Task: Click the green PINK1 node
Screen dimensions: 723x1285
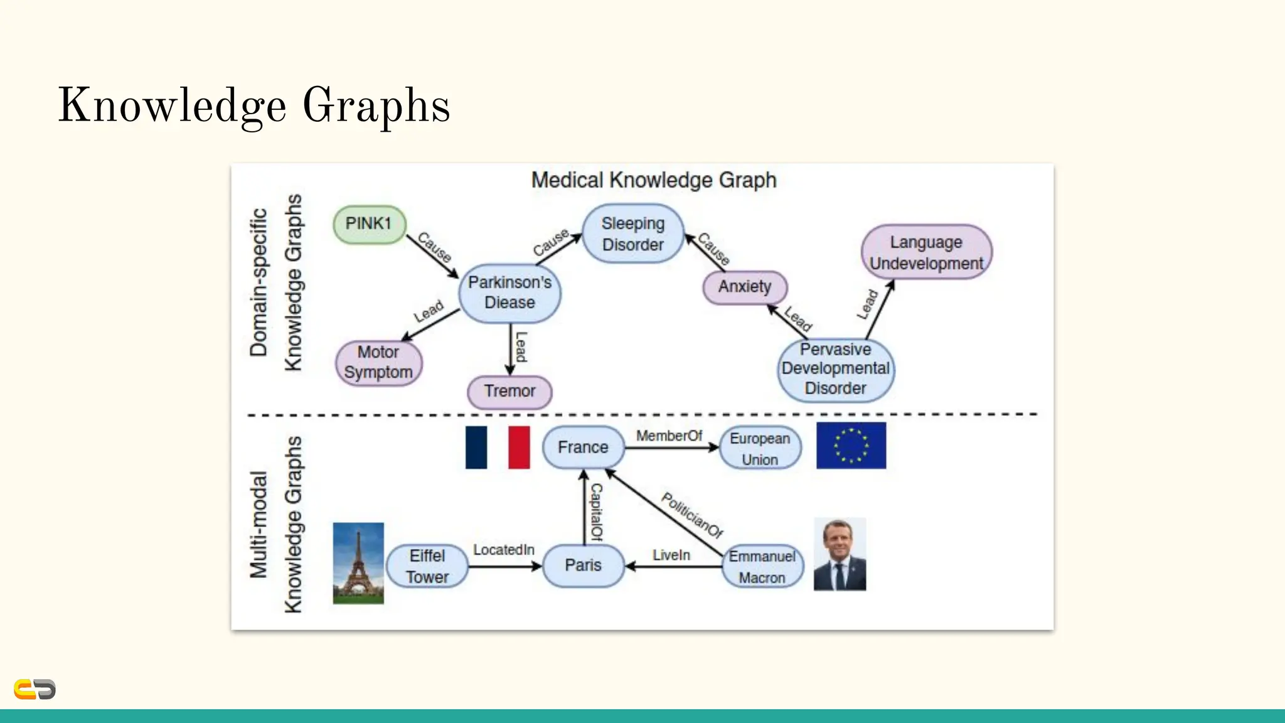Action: pyautogui.click(x=369, y=224)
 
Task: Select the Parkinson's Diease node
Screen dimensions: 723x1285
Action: pyautogui.click(x=509, y=292)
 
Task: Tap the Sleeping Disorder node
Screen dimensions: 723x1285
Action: pyautogui.click(x=632, y=233)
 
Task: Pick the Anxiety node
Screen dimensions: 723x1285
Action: pyautogui.click(x=744, y=287)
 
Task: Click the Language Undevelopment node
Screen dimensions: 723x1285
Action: pyautogui.click(x=926, y=252)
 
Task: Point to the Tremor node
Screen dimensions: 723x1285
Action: pyautogui.click(x=509, y=391)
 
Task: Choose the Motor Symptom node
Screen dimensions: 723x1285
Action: pyautogui.click(x=378, y=362)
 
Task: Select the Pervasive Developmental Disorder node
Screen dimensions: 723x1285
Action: pyautogui.click(x=835, y=369)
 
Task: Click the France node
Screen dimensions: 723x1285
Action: pyautogui.click(x=583, y=447)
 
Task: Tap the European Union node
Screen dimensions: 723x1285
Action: pyautogui.click(x=760, y=448)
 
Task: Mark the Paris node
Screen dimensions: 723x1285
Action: pyautogui.click(x=583, y=565)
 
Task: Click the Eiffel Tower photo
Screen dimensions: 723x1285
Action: pyautogui.click(x=358, y=563)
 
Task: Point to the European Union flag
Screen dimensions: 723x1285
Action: pyautogui.click(x=851, y=446)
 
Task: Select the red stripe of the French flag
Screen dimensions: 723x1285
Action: pyautogui.click(x=519, y=447)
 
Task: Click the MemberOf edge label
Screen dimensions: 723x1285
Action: pyautogui.click(x=669, y=436)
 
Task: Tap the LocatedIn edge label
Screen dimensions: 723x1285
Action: pyautogui.click(x=503, y=550)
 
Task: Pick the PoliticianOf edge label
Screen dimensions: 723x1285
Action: pyautogui.click(x=692, y=515)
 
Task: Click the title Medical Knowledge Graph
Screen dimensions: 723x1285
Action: pyautogui.click(x=654, y=180)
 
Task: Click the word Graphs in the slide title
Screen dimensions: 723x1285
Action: pyautogui.click(x=376, y=105)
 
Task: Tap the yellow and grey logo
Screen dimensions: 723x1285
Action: pyautogui.click(x=35, y=689)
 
